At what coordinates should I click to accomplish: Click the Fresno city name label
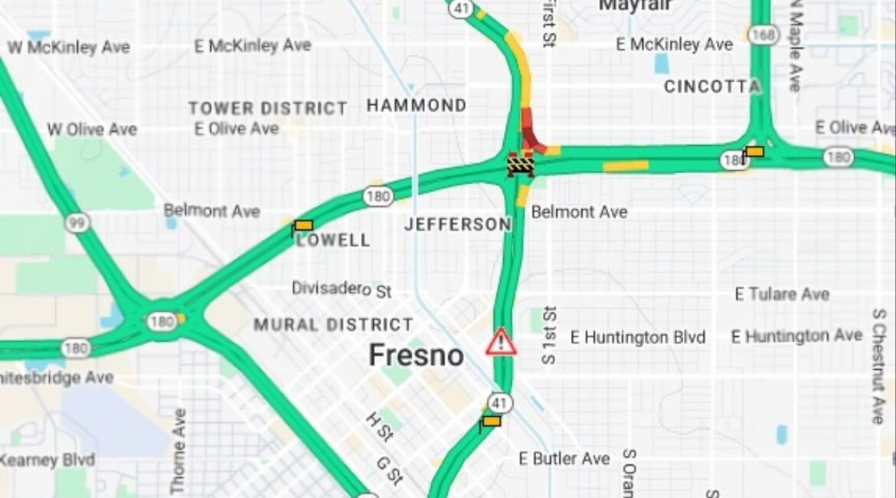coord(416,355)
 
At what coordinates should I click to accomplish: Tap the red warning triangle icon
coord(501,342)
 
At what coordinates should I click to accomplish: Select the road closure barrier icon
coord(520,164)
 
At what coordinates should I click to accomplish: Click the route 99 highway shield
coord(77,223)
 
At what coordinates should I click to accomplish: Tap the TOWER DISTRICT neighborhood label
coord(268,108)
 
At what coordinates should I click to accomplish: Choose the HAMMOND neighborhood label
coord(417,106)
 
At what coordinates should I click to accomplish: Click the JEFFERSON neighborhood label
coord(457,224)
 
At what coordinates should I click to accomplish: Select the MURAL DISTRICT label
coord(333,325)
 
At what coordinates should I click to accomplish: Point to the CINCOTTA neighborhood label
coord(711,87)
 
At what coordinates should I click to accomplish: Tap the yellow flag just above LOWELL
coord(302,226)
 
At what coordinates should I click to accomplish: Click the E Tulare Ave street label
coord(782,294)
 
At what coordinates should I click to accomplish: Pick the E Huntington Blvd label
coord(639,337)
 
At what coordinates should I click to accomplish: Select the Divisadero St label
coord(342,289)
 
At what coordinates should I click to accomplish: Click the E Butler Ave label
coord(564,459)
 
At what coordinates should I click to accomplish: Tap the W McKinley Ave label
coord(68,48)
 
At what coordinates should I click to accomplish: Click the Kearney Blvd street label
coord(47,460)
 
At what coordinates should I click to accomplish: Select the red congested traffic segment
coord(531,132)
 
